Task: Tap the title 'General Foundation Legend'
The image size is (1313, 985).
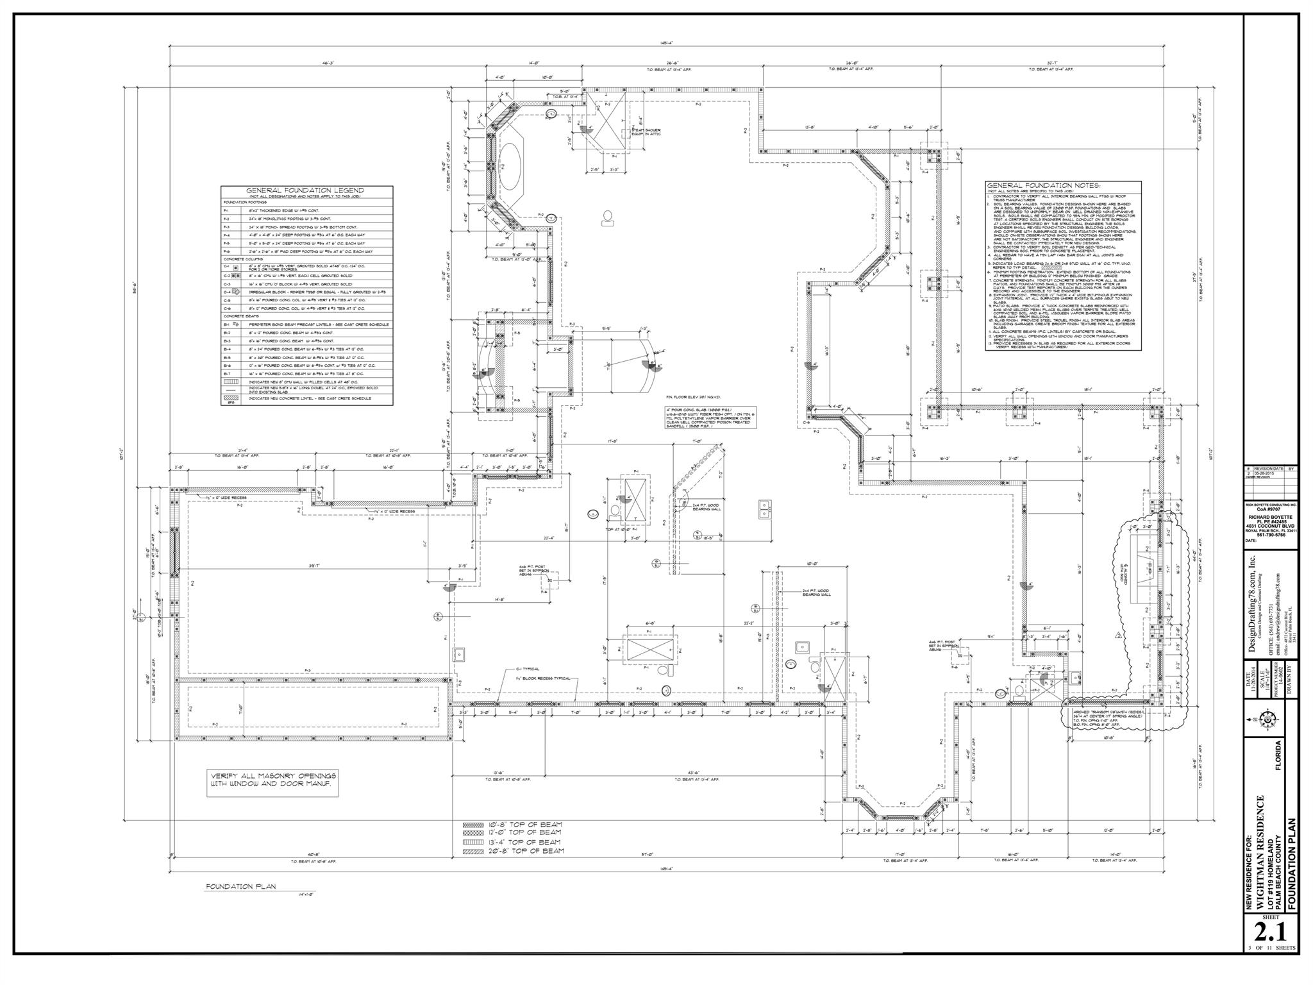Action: point(305,190)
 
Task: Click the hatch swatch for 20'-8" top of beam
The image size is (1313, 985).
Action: point(474,851)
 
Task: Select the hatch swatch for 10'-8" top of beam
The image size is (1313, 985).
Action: point(474,824)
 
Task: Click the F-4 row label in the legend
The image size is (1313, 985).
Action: point(226,235)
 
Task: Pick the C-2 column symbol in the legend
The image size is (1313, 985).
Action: point(235,275)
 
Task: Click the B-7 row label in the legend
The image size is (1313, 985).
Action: point(226,373)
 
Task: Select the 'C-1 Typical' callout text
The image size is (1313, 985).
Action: point(528,668)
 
